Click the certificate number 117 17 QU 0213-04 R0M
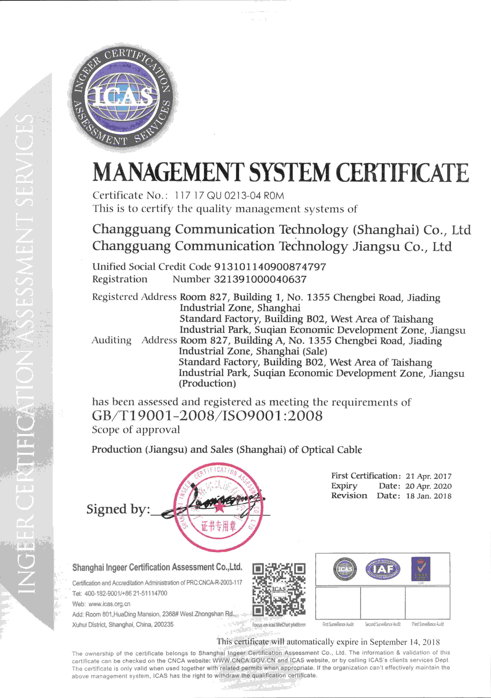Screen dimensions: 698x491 (x=229, y=196)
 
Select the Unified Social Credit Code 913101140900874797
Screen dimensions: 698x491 (x=270, y=267)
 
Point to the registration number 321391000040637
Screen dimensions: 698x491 (x=261, y=279)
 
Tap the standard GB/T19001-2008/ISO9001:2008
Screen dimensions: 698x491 (x=207, y=416)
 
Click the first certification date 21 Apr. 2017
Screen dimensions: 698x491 (x=429, y=476)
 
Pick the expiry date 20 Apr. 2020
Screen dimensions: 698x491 (x=429, y=486)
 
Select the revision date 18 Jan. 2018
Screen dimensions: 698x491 (x=429, y=496)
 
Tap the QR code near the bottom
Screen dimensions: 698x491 (x=279, y=590)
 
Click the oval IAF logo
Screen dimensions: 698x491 (x=383, y=569)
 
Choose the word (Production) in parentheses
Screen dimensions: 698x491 (x=207, y=384)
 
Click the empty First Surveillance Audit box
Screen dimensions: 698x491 (x=338, y=602)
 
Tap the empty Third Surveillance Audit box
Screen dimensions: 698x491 (x=427, y=602)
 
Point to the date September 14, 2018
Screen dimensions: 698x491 (x=405, y=642)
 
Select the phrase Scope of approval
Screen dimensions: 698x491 (x=136, y=430)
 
